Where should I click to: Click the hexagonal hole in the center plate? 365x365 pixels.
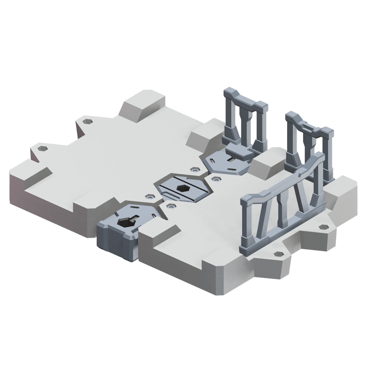tap(181, 188)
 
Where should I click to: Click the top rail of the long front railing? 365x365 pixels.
tap(282, 182)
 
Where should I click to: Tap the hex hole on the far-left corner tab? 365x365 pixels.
tap(42, 148)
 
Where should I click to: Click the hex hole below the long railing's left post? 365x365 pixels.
tap(279, 254)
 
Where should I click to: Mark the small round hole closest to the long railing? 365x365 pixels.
tap(216, 178)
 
